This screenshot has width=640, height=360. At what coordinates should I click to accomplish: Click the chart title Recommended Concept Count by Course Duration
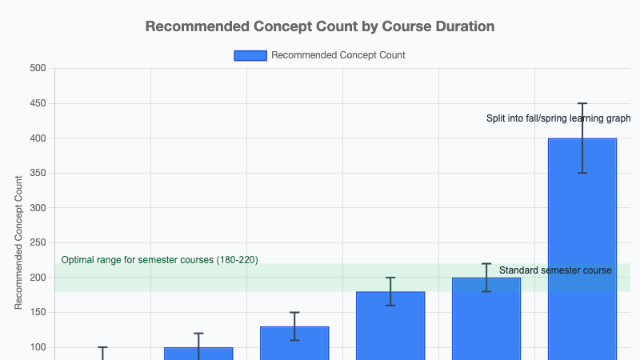[320, 26]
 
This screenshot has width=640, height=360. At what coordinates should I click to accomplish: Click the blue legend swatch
[250, 55]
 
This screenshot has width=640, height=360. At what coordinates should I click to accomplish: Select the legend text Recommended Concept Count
[338, 55]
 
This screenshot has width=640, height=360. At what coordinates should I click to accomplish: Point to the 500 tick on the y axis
[38, 68]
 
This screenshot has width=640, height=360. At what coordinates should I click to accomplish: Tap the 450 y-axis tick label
[38, 103]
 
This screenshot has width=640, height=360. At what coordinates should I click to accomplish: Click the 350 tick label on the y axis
[38, 173]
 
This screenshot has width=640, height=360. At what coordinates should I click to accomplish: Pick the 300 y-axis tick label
[38, 208]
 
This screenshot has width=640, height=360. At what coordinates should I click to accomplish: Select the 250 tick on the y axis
[38, 242]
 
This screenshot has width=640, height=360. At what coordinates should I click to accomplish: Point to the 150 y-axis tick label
[38, 312]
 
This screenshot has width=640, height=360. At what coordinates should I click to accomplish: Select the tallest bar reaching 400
[582, 248]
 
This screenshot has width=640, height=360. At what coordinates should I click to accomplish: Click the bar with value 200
[486, 320]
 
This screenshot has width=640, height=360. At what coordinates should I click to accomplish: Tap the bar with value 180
[390, 326]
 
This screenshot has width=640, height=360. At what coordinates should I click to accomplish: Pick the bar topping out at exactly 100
[198, 354]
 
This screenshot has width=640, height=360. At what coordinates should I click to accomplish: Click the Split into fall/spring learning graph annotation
[558, 118]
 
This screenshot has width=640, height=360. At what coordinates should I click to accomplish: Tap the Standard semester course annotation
[555, 270]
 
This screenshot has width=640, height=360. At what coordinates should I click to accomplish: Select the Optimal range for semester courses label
[160, 260]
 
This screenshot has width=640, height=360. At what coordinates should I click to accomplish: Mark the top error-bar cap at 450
[582, 103]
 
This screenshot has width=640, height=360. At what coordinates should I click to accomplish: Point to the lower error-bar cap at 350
[582, 173]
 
